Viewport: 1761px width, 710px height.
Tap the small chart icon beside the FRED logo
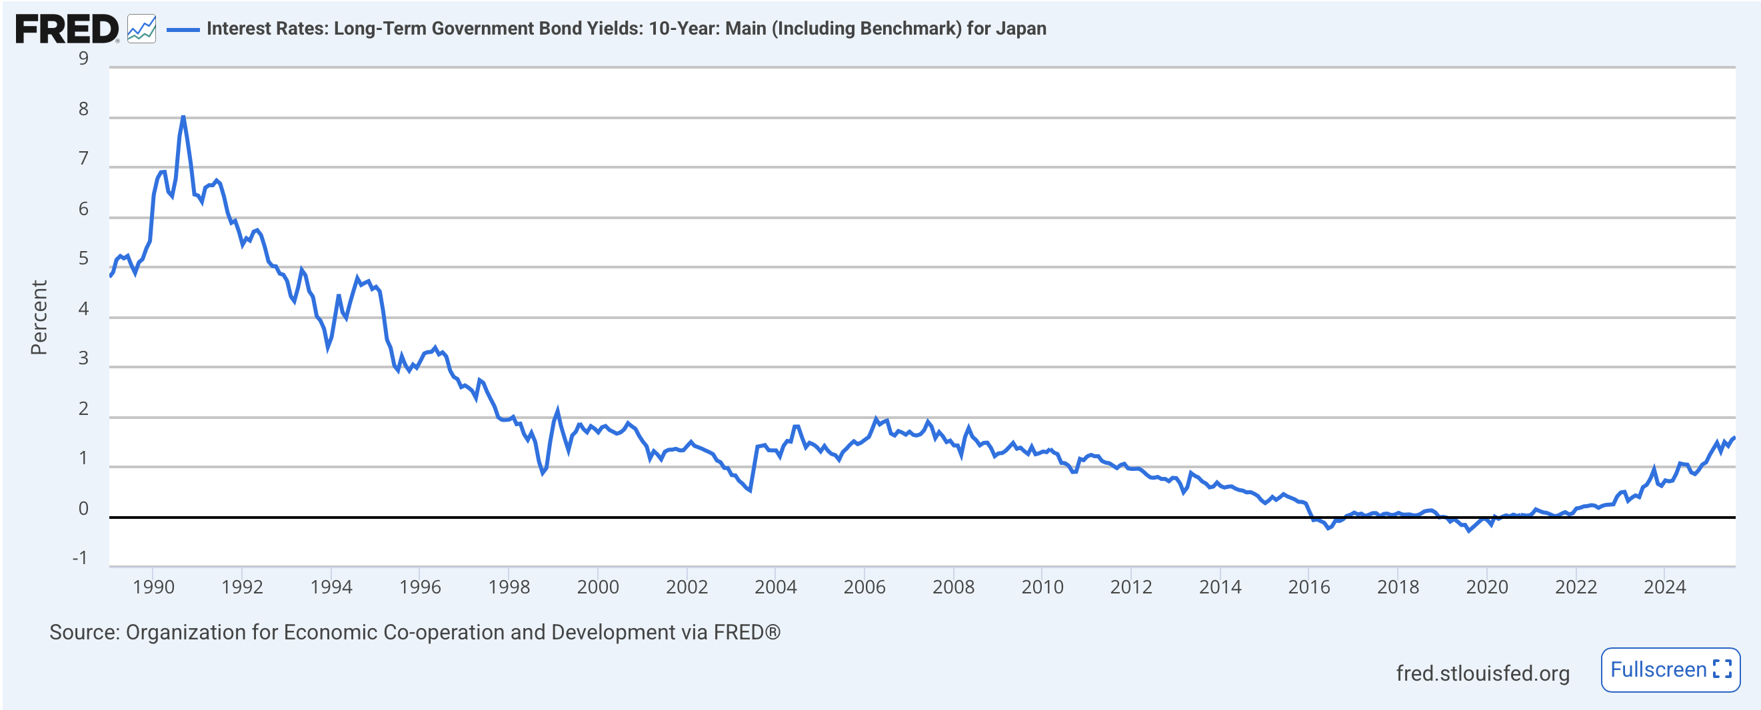[141, 29]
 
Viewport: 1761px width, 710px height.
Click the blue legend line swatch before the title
[183, 29]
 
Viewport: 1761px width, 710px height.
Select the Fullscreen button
[1670, 669]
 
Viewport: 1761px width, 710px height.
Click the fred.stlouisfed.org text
[1482, 673]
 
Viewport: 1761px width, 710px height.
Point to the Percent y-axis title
[39, 317]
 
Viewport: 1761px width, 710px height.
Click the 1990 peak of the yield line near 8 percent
[183, 117]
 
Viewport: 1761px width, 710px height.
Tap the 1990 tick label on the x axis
[153, 586]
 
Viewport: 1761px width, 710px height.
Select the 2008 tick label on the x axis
[953, 586]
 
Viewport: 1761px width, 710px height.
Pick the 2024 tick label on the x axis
[1664, 586]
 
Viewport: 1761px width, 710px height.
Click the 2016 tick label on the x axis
[1308, 586]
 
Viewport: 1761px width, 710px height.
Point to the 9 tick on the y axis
[83, 59]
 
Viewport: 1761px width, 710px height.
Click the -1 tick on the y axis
[80, 558]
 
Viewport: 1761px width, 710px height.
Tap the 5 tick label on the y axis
[83, 258]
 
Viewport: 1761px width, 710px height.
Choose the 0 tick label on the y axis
[83, 508]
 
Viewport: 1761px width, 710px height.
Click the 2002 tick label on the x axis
[687, 586]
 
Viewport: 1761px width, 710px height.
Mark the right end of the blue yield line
[1734, 438]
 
